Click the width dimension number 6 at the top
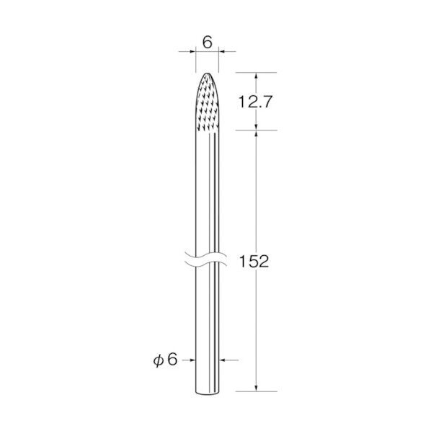pos(208,43)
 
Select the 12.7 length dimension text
pos(255,102)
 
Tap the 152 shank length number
pos(254,262)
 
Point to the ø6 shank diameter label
pos(166,360)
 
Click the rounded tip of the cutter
pos(208,74)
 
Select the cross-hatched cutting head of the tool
pos(208,102)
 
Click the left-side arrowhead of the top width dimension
pos(192,51)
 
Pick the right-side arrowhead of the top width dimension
pos(222,51)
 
